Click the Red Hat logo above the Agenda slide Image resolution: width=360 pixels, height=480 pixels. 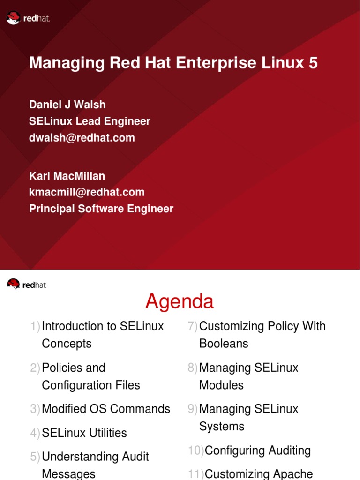[27, 284]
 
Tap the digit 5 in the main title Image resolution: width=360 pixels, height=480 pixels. [313, 63]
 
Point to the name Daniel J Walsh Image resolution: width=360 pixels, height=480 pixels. [67, 105]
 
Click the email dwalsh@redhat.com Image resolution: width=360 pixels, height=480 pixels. [82, 138]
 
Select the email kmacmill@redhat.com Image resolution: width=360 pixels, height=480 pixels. [87, 192]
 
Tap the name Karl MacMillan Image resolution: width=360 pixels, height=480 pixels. [67, 176]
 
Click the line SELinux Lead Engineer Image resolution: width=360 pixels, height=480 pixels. [90, 121]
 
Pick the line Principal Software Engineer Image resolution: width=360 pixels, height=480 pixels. [101, 209]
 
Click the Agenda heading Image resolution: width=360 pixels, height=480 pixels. [180, 301]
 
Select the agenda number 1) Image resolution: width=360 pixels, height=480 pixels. [35, 326]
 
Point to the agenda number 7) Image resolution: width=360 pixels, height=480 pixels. [192, 326]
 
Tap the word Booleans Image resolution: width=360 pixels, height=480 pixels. [224, 344]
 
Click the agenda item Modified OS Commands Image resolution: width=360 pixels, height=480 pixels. [106, 409]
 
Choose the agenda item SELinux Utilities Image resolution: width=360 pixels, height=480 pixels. [84, 433]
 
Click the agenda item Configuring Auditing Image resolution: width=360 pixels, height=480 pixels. [258, 450]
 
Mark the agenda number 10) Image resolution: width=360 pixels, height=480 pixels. [196, 450]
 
